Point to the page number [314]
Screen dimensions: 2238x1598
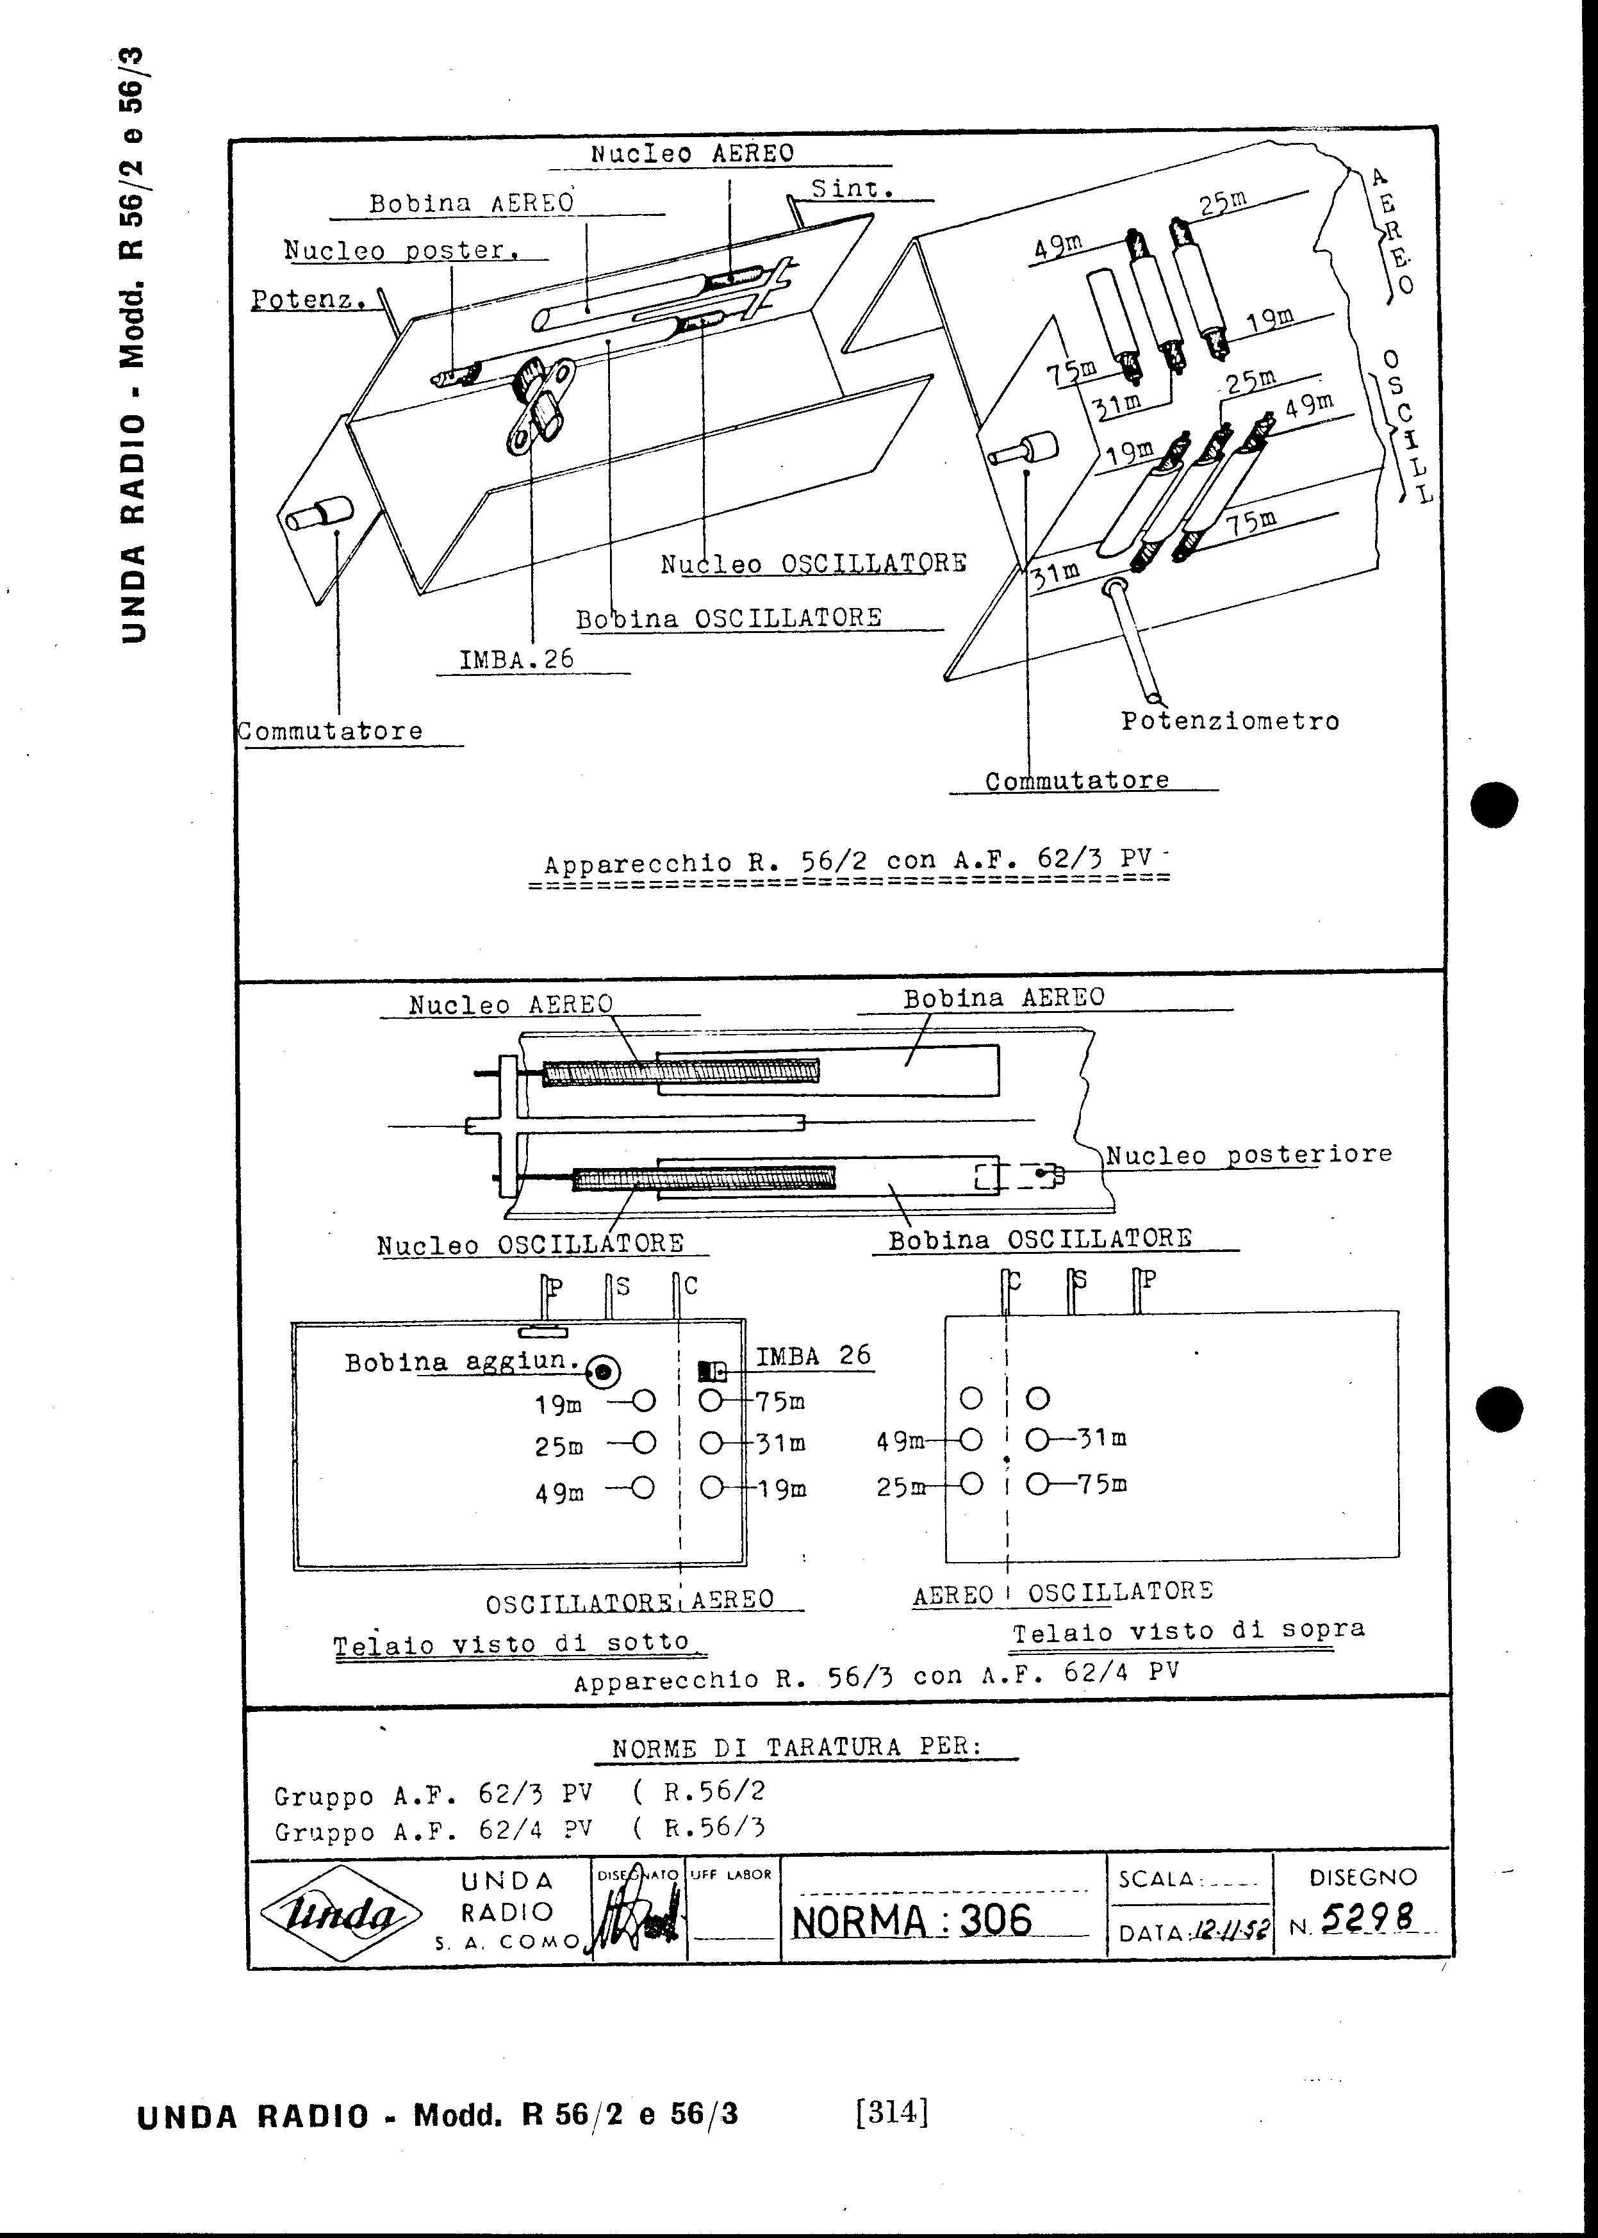[893, 2110]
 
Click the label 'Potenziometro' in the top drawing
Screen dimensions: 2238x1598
[1230, 721]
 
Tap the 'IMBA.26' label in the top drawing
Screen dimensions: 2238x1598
[516, 659]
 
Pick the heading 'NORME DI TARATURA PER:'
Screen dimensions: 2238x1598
[797, 1748]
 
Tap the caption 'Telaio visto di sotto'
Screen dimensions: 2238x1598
[512, 1643]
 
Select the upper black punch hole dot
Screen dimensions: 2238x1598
[1494, 803]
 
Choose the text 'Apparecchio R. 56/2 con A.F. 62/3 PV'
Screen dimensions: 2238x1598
[847, 862]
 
